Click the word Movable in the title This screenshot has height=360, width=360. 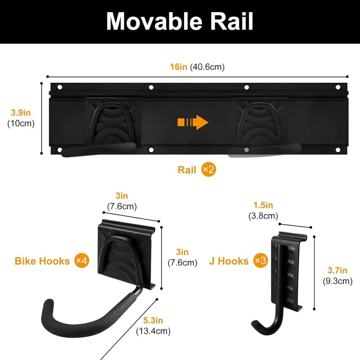pos(154,21)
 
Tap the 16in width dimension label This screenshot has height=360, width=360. pos(178,67)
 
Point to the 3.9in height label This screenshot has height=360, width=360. pos(21,113)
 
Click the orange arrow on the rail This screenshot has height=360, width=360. pos(193,122)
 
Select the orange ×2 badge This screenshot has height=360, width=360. pos(209,170)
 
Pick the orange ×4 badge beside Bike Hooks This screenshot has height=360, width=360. pos(82,261)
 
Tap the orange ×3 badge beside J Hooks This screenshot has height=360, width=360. pos(261,261)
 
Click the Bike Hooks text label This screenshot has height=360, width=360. pos(42,261)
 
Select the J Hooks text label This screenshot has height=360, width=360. pos(229,261)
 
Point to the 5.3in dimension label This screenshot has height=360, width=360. pos(153,320)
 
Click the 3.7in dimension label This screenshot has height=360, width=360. pos(337,270)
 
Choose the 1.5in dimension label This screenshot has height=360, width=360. pos(263,205)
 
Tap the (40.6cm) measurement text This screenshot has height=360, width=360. pos(207,67)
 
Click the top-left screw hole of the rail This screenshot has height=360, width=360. pos(60,87)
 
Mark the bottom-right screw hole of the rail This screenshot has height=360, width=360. pos(338,150)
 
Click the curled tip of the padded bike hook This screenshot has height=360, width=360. pos(49,303)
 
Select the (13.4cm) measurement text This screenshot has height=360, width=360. pos(153,331)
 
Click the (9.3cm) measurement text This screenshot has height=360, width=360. pos(337,281)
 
